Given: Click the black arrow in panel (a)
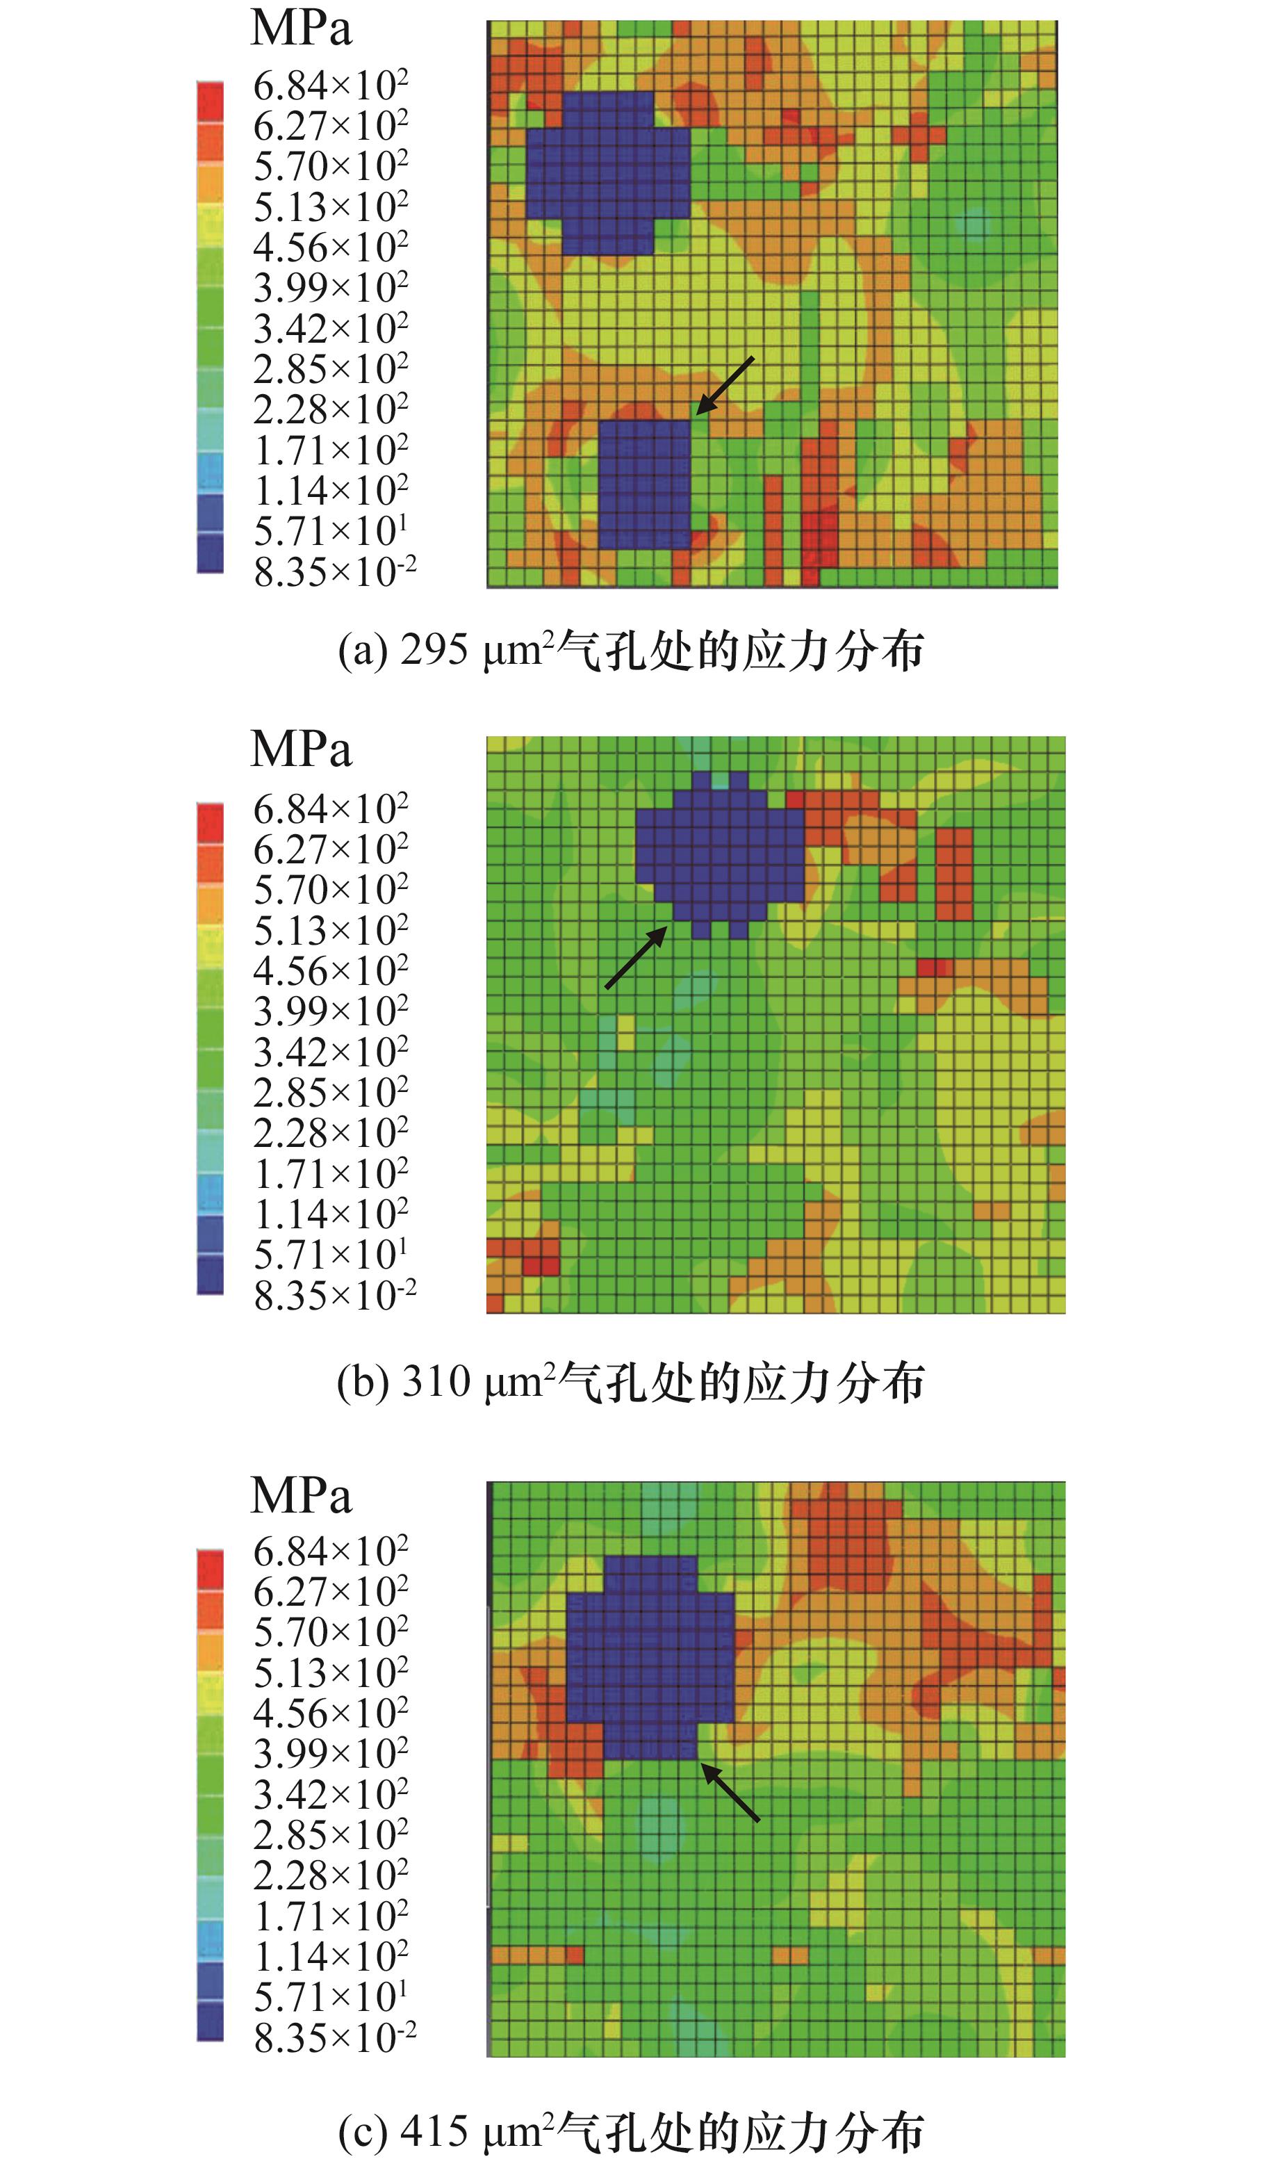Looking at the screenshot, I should [724, 386].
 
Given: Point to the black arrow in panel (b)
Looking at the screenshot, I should [636, 957].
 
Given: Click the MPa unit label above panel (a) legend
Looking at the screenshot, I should [301, 28].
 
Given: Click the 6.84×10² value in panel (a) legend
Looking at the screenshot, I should [330, 85].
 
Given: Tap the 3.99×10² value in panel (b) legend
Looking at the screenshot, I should [330, 1011].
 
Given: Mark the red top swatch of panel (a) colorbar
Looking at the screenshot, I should [210, 101].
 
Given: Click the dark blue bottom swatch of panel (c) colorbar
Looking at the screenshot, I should [210, 2021].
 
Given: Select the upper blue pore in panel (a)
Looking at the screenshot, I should [607, 172].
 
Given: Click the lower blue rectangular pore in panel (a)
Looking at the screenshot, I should [644, 484].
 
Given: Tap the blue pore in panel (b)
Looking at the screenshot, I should [720, 855].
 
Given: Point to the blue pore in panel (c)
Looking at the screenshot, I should [650, 1659].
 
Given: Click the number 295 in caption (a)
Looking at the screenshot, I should [434, 651].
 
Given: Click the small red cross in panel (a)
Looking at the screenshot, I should [918, 135].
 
